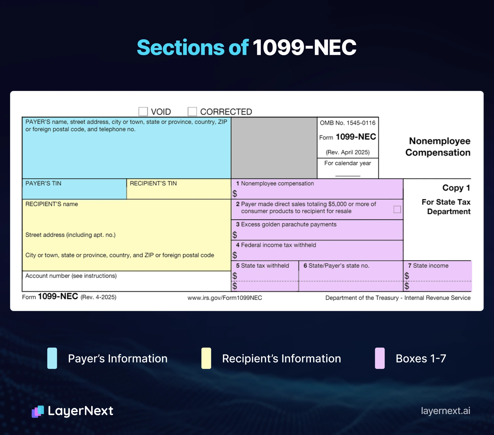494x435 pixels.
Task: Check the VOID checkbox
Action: click(x=143, y=111)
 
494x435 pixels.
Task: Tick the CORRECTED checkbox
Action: click(x=192, y=111)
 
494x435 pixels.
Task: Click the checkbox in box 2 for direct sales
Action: click(x=397, y=209)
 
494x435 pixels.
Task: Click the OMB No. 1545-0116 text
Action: click(x=347, y=123)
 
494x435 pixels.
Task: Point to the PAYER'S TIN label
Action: click(x=43, y=183)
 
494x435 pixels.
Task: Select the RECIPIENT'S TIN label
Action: click(x=153, y=183)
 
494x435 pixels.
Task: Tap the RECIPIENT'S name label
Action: click(x=52, y=204)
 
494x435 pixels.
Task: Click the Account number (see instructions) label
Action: click(x=71, y=276)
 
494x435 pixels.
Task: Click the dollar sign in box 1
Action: click(x=235, y=194)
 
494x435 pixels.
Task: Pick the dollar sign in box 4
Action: click(x=235, y=255)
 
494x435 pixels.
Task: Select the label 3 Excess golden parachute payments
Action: click(x=286, y=224)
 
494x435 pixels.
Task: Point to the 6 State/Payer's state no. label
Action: click(x=336, y=266)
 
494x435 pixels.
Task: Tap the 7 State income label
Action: click(x=428, y=266)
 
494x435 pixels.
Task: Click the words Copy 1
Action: click(x=456, y=188)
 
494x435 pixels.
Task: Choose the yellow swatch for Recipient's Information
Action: click(x=206, y=358)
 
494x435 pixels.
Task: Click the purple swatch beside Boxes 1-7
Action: click(x=380, y=358)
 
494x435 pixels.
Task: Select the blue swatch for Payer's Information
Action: click(x=52, y=358)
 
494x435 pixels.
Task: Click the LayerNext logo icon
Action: click(x=38, y=412)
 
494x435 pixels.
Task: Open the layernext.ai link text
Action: click(x=445, y=411)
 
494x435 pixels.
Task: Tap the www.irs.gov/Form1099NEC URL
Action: click(x=225, y=298)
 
